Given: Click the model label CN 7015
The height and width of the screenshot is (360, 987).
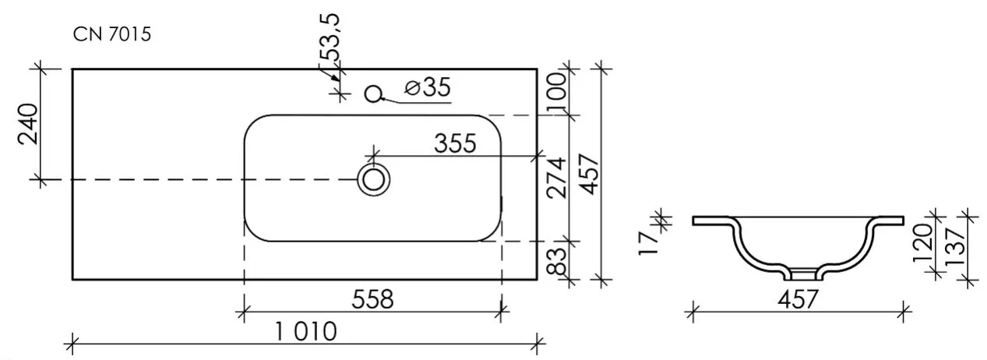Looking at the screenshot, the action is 112,34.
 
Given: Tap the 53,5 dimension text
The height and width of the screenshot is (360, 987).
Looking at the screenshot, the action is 330,37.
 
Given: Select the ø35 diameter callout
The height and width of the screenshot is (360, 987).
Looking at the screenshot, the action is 428,87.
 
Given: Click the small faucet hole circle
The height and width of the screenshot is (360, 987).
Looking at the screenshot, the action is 373,94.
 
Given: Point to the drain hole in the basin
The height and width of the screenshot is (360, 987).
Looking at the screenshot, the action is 374,180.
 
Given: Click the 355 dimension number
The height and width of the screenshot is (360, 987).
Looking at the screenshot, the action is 455,143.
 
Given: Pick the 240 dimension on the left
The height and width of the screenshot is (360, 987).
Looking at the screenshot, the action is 28,124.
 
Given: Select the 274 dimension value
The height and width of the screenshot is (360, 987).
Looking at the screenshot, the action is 556,178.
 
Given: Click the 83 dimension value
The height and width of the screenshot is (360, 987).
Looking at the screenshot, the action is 557,261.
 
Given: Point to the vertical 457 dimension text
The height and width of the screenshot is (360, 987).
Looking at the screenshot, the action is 590,174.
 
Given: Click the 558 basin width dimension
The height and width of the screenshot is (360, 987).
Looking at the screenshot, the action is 372,300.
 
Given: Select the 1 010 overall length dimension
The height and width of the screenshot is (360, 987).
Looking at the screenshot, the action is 306,331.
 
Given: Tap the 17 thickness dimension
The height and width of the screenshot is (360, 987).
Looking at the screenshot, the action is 648,242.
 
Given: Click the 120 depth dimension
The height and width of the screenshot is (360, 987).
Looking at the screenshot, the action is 922,243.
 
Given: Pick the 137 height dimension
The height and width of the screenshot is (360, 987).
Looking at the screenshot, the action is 956,246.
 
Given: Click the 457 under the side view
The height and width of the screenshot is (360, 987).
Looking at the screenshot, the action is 798,300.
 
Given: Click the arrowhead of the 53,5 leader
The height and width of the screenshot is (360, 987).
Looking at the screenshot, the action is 335,78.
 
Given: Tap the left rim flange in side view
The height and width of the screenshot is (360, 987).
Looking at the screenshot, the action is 711,221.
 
